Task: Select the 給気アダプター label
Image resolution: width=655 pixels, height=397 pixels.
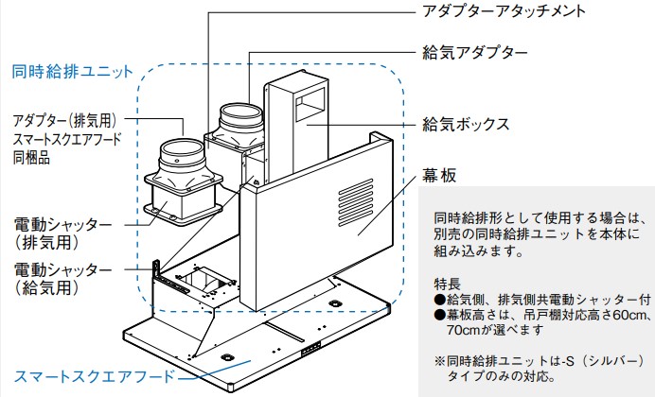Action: [473, 53]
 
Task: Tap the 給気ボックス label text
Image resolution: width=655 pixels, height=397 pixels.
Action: [467, 124]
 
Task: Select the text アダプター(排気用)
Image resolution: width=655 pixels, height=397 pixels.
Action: [63, 121]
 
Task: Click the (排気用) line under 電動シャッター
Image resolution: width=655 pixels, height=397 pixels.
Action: [44, 242]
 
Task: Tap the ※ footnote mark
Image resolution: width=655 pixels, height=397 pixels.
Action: [439, 361]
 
